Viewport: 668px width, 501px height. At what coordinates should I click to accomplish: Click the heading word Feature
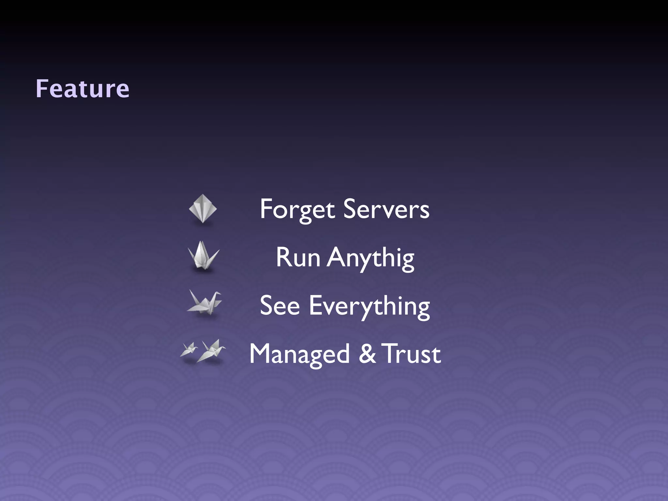[x=82, y=89]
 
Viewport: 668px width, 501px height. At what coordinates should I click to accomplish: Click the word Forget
[x=297, y=209]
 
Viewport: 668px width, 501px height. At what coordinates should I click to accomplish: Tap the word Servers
[x=387, y=209]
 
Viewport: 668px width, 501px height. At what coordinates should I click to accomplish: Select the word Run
[x=298, y=258]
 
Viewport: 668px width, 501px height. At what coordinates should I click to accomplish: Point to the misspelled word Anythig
[x=371, y=258]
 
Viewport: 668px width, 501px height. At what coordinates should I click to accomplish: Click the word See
[x=280, y=306]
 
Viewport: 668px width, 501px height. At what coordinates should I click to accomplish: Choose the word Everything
[x=369, y=307]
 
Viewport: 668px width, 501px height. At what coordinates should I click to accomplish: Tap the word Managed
[x=299, y=355]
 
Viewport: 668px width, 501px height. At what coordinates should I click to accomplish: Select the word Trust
[x=412, y=354]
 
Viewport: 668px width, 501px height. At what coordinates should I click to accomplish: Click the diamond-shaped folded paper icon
[x=203, y=209]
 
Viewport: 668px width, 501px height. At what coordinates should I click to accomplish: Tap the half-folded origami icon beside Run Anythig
[x=203, y=256]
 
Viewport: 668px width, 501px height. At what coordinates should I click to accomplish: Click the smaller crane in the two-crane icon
[x=189, y=350]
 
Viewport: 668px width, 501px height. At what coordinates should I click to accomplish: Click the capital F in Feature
[x=42, y=89]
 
